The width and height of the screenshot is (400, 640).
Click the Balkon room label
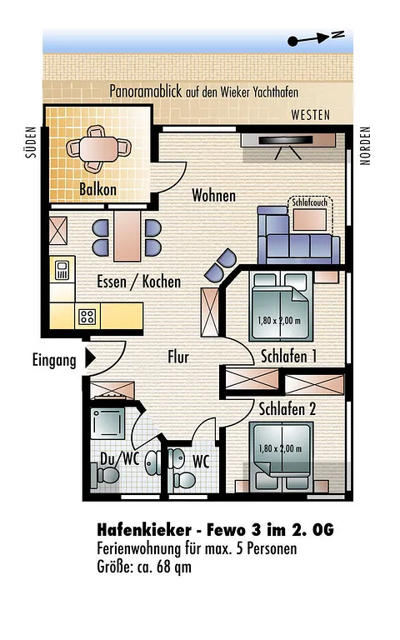(x=98, y=189)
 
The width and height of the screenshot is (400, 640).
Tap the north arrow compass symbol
(x=316, y=38)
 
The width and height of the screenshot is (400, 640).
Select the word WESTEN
(x=311, y=115)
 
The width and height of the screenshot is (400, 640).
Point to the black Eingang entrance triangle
(x=90, y=358)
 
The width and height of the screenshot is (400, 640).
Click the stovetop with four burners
(x=87, y=316)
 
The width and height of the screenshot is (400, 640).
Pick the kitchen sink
(x=62, y=270)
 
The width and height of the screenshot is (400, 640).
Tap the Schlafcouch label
(x=310, y=202)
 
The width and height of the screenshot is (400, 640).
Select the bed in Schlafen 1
(x=280, y=307)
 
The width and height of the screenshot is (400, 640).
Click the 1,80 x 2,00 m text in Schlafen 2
(x=280, y=448)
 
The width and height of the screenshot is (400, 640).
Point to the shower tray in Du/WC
(x=107, y=423)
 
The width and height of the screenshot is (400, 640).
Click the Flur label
(x=178, y=357)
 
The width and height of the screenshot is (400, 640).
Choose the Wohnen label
(x=214, y=196)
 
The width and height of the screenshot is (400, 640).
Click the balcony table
(x=98, y=149)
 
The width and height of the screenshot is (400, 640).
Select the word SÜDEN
(x=31, y=142)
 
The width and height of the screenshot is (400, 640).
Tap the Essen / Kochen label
(x=139, y=282)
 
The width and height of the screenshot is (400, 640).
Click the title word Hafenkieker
(x=144, y=530)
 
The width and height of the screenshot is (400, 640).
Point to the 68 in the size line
(x=162, y=567)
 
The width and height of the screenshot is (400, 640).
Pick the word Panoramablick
(x=145, y=91)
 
